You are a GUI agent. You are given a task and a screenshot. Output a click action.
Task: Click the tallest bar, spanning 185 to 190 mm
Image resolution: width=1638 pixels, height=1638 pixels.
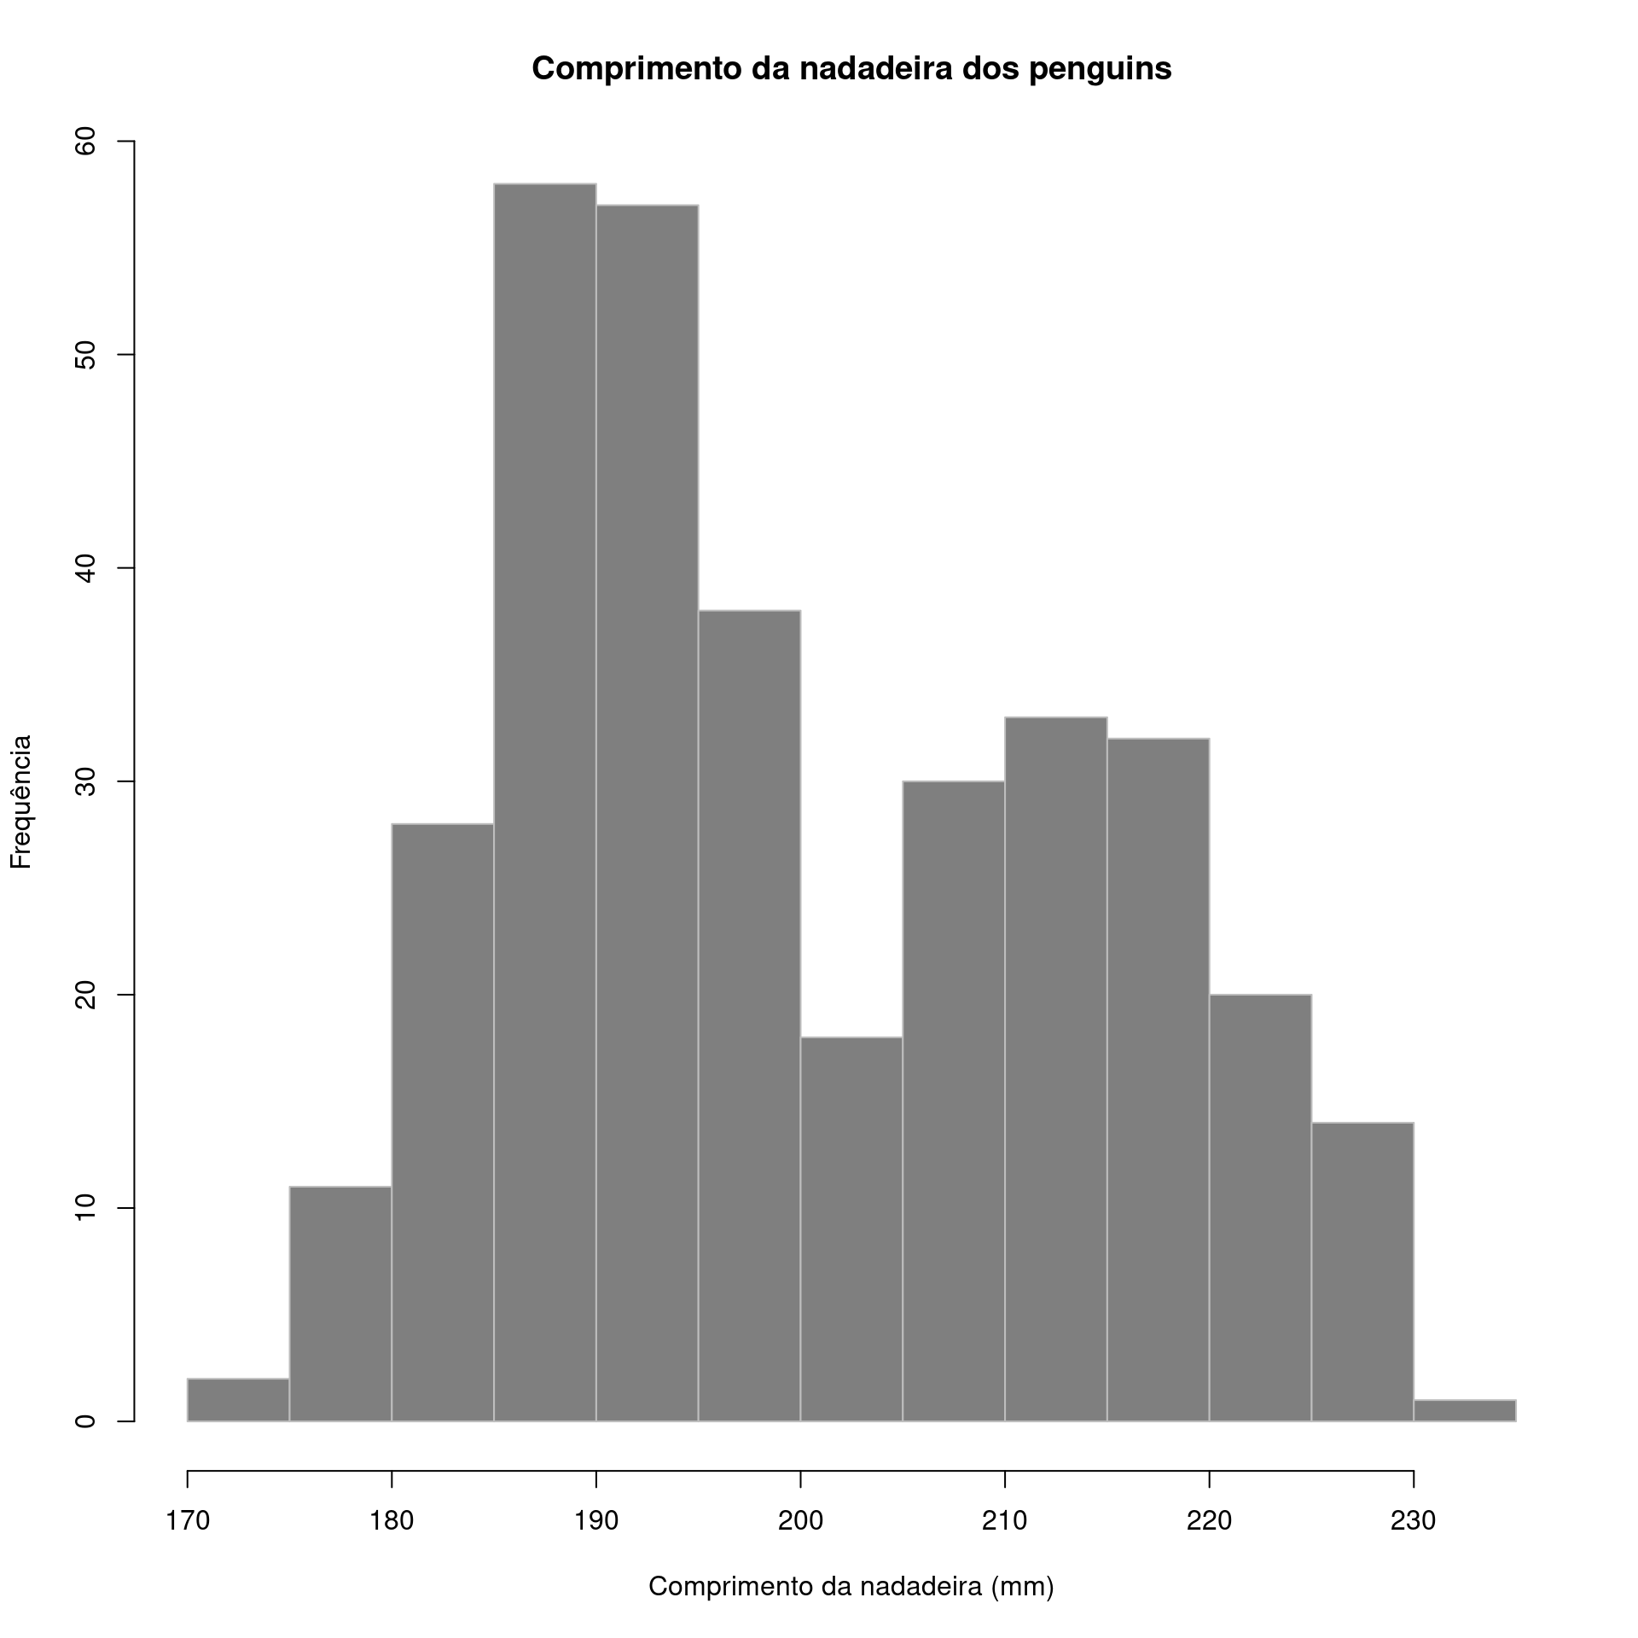[544, 802]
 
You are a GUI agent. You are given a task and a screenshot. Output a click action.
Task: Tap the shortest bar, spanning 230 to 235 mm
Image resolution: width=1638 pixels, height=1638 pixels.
[1464, 1410]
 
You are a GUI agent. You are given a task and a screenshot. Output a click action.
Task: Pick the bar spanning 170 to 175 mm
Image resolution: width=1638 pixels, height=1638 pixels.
[238, 1400]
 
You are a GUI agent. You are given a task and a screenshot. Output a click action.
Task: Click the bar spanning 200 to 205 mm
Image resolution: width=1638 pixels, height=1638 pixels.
[851, 1228]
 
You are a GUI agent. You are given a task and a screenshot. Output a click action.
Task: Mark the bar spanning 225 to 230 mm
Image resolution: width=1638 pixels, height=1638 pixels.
[1362, 1271]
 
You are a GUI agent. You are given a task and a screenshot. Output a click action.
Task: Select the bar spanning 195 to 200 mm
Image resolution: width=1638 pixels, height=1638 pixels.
[749, 1015]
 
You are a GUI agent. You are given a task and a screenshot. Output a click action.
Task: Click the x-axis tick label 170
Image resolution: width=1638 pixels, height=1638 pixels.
[187, 1520]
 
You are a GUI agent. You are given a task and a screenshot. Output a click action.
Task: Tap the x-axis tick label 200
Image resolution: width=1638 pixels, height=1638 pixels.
[800, 1520]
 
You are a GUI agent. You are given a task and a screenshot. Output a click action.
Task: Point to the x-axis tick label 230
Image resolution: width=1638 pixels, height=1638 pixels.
[1414, 1520]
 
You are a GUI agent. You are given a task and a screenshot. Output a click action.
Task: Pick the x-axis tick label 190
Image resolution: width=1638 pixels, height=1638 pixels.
[595, 1520]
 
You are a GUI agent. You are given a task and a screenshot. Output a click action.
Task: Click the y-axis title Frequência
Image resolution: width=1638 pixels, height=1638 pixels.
[20, 801]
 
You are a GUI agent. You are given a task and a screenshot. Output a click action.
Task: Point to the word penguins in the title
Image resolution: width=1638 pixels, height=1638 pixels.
[1100, 68]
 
